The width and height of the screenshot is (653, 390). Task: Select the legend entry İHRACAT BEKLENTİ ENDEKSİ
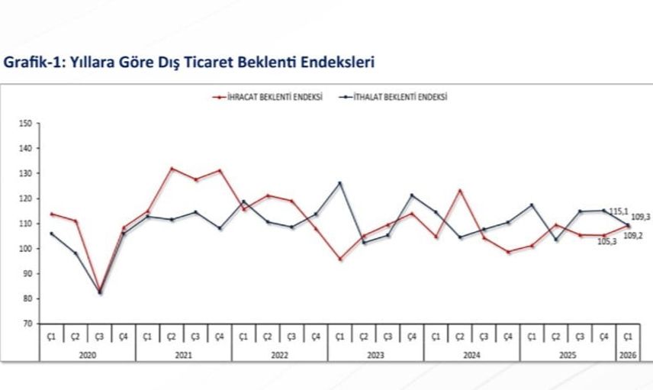click(271, 98)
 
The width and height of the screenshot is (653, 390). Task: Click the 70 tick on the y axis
click(27, 324)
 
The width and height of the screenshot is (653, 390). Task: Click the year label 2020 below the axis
click(87, 354)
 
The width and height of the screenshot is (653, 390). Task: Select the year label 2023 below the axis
click(375, 354)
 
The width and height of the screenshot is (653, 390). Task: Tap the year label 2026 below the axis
click(627, 354)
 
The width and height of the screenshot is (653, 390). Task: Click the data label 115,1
click(618, 211)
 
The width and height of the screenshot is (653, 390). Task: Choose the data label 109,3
click(641, 218)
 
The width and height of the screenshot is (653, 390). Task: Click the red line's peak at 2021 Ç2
click(172, 168)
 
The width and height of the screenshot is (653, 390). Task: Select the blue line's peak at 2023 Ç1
click(340, 183)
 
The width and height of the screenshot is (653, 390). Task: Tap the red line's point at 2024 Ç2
click(460, 190)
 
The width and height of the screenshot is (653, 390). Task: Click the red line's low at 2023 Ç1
click(340, 259)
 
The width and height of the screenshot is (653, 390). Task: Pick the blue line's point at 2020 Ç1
click(51, 234)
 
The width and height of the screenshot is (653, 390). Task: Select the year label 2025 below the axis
click(568, 354)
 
